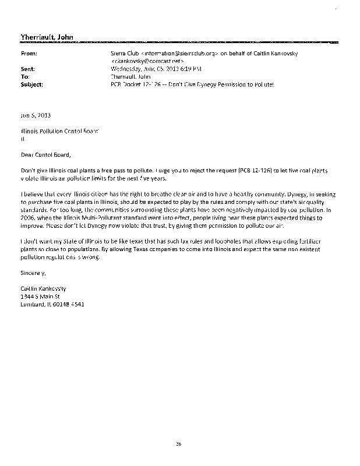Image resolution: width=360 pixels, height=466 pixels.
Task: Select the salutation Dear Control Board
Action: tap(45, 154)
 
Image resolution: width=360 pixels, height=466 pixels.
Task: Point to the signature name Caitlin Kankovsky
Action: tap(43, 288)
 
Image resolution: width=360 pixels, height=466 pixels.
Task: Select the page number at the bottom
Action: tap(179, 443)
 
